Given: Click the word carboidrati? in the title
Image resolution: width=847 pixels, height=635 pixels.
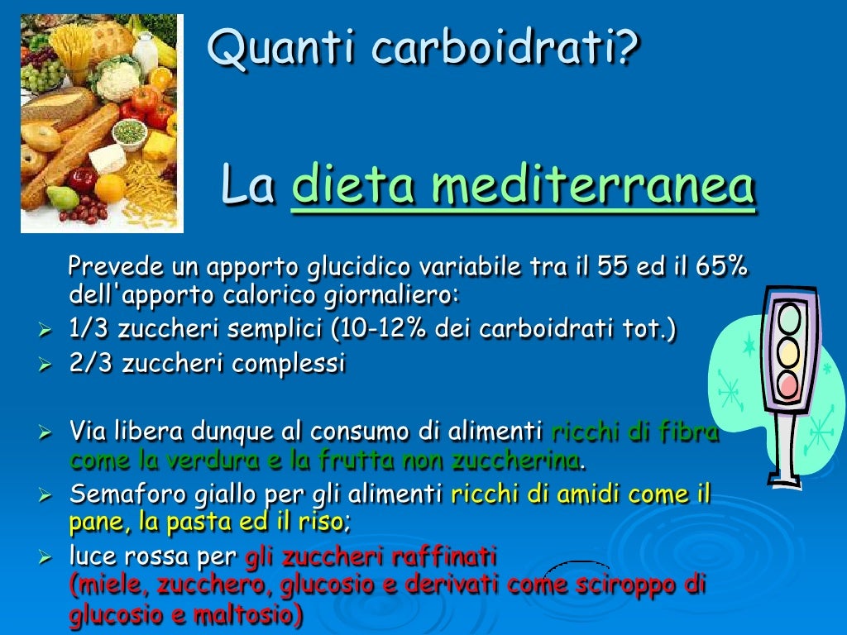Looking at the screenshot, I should (505, 48).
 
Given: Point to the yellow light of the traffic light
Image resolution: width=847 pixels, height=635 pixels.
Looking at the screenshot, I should (791, 351).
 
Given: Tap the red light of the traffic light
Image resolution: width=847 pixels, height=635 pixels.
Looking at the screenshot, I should (791, 384).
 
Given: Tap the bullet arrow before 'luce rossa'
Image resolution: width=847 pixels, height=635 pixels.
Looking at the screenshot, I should (46, 559).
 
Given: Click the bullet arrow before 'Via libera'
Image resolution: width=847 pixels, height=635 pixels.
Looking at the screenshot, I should (46, 432).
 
